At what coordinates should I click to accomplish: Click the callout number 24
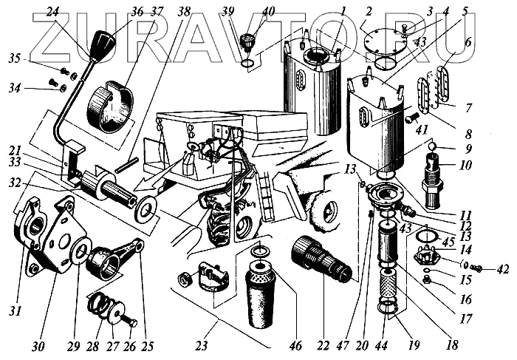52,12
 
